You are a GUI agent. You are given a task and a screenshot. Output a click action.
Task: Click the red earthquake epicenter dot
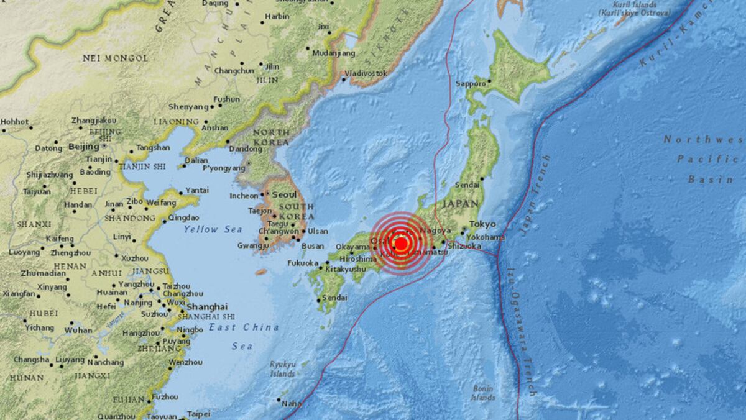click(x=401, y=244)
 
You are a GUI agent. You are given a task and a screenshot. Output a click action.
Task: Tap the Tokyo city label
click(x=482, y=224)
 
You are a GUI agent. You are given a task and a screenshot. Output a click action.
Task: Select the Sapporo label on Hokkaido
click(x=471, y=83)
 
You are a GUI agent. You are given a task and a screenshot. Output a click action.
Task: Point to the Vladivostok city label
click(x=366, y=73)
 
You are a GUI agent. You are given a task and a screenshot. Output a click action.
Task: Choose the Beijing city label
click(x=84, y=147)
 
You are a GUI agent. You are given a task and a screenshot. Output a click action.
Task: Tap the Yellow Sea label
click(x=213, y=229)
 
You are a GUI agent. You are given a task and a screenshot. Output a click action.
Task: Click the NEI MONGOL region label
click(x=116, y=58)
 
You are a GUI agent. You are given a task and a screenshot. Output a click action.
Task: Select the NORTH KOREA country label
click(x=270, y=137)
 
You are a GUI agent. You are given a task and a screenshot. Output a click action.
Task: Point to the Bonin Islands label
click(x=482, y=393)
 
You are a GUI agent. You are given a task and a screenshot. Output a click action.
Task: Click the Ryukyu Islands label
click(x=282, y=369)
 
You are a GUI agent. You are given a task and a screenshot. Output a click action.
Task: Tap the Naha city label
click(x=292, y=403)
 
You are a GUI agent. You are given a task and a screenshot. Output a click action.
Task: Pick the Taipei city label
click(x=198, y=413)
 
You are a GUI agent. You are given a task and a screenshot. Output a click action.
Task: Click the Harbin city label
click(x=277, y=17)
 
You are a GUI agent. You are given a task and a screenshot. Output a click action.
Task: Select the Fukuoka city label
click(x=303, y=263)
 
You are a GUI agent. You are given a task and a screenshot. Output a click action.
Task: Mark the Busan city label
click(x=312, y=246)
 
